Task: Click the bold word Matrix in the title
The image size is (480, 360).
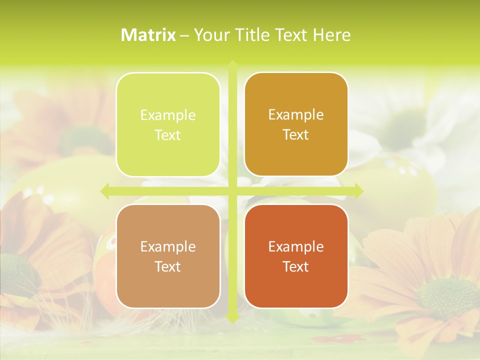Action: click(148, 35)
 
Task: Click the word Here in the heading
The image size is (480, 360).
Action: click(332, 35)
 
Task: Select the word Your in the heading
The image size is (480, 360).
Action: click(210, 35)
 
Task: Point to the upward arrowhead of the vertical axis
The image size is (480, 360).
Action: click(232, 64)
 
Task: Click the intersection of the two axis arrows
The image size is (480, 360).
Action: click(232, 191)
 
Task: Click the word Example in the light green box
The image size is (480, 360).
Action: click(168, 115)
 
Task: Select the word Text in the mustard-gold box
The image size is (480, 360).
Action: click(296, 134)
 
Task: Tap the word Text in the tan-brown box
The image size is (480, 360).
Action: click(168, 266)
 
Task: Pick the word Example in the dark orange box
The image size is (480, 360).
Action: click(296, 246)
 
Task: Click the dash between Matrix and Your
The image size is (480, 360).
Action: click(184, 35)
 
